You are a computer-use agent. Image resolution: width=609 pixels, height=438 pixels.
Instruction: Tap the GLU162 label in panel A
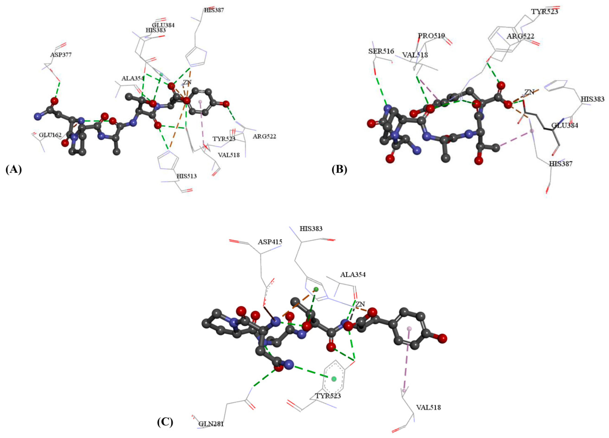click(x=50, y=135)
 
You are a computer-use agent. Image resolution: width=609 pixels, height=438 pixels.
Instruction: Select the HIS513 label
click(x=187, y=176)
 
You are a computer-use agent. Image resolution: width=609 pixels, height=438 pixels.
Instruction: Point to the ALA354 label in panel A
click(x=133, y=78)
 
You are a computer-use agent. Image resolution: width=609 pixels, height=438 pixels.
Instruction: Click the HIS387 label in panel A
click(x=214, y=10)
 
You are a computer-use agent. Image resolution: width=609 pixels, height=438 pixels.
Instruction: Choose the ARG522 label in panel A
click(x=264, y=136)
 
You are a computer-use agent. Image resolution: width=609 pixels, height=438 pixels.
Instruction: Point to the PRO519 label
click(x=431, y=36)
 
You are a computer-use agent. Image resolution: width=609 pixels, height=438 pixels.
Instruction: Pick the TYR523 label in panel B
click(x=545, y=12)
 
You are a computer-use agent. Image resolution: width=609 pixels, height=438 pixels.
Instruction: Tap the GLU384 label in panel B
click(x=565, y=125)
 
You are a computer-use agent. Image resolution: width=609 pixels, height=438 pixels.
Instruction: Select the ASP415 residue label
click(x=270, y=242)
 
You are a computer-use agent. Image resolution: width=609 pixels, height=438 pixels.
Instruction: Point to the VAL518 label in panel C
click(x=429, y=407)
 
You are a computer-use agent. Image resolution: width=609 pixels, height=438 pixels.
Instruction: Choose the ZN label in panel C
click(x=360, y=304)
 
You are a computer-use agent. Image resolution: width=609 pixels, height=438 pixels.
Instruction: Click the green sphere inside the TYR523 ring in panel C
click(x=334, y=379)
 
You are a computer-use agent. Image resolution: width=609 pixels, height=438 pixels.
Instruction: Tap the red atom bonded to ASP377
click(x=55, y=101)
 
